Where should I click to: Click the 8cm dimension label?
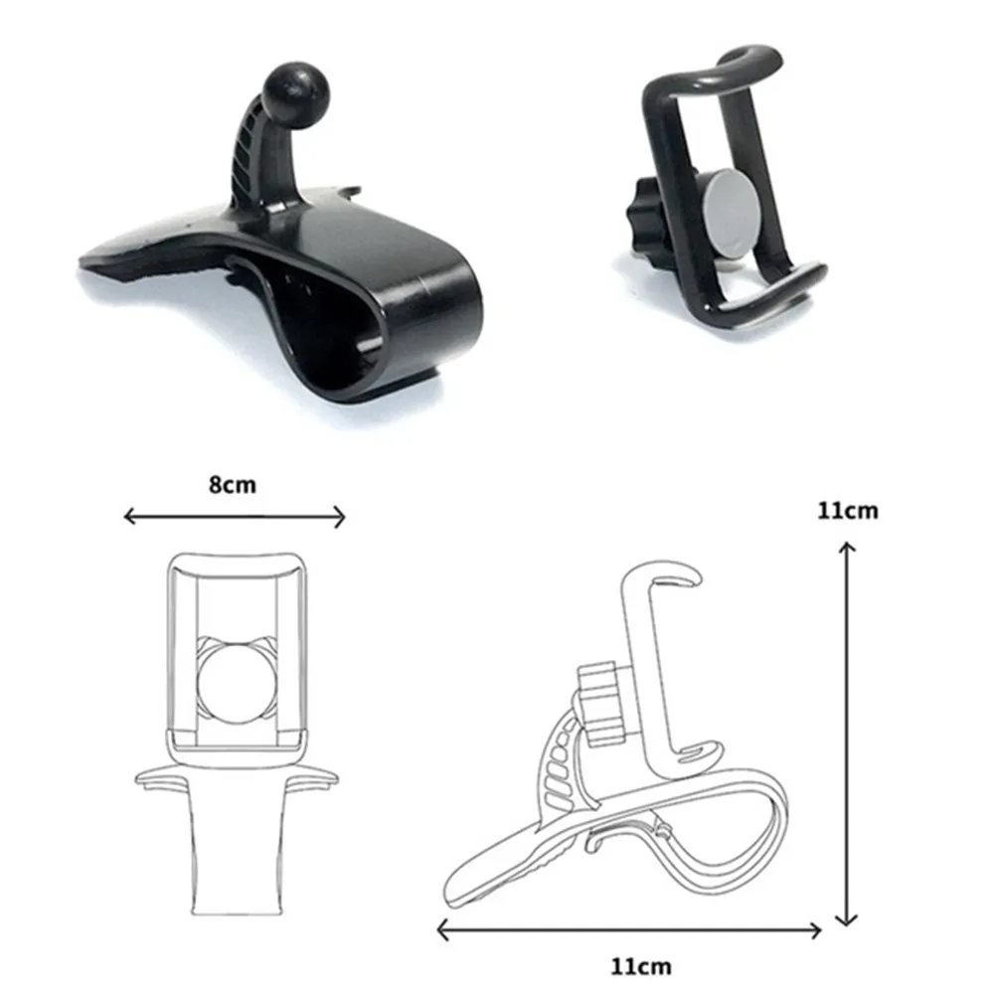pos(233,485)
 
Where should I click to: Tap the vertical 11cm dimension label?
pos(848,510)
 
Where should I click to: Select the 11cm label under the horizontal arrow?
pos(641,967)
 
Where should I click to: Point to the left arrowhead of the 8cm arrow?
pos(129,517)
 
